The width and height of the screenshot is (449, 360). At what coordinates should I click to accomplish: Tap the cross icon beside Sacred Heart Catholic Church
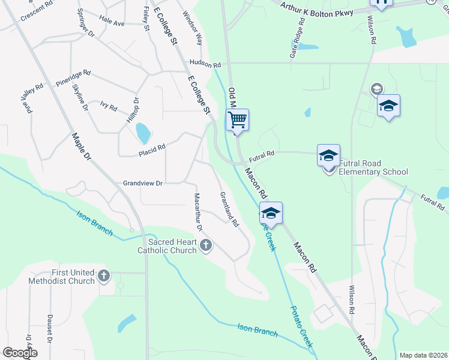(206, 244)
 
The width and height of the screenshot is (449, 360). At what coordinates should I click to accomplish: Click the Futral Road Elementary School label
(373, 167)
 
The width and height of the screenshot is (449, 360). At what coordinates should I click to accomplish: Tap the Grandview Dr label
(143, 183)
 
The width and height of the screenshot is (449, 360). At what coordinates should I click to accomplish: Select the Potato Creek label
(301, 326)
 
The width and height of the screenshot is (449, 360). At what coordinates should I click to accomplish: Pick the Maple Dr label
(80, 147)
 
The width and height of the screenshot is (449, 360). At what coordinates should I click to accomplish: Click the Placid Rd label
(152, 148)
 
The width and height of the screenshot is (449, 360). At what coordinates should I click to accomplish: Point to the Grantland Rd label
(229, 209)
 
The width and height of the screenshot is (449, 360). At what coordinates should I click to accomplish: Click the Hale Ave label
(112, 22)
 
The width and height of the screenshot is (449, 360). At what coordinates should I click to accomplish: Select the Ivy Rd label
(109, 106)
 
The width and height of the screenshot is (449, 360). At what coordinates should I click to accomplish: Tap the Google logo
(19, 353)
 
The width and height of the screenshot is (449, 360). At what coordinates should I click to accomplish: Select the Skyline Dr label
(80, 98)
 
